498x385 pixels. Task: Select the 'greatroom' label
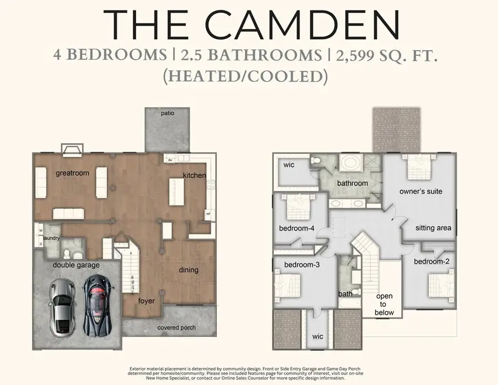(72, 173)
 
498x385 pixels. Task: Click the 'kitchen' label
(195, 176)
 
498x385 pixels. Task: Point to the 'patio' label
(168, 113)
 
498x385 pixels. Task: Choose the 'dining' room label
(188, 270)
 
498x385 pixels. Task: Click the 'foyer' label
(147, 301)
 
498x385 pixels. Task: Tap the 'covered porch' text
(177, 327)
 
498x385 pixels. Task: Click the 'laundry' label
(52, 239)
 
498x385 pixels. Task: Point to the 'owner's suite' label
(421, 192)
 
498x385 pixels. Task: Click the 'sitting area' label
(433, 228)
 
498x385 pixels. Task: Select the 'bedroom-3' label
(302, 265)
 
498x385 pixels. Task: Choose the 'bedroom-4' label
(297, 229)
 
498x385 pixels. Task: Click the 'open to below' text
(385, 304)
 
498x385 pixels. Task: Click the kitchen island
(177, 192)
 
